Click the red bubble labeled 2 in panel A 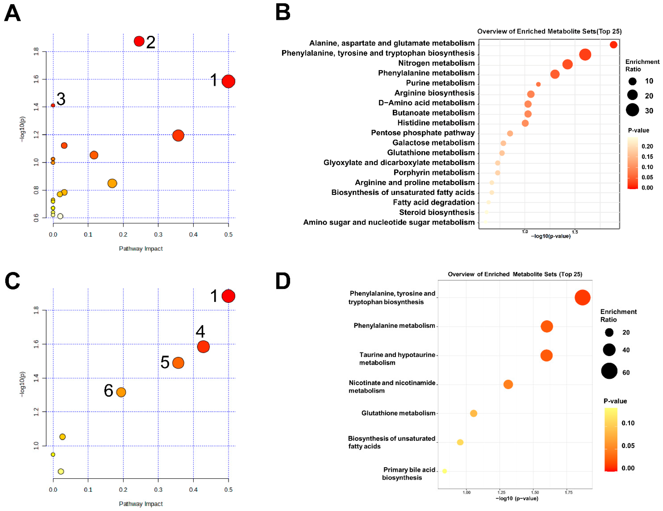[x=139, y=41]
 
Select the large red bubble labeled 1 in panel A [x=228, y=81]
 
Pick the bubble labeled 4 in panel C [x=203, y=347]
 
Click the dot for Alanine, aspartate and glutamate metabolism [x=613, y=45]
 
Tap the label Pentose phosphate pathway [x=423, y=133]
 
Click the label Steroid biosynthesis [x=437, y=212]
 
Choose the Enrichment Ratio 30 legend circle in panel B [x=632, y=110]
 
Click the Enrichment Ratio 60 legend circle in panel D [x=609, y=371]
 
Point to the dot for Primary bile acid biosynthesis [x=444, y=471]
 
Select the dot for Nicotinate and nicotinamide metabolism [x=508, y=384]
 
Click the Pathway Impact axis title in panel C [x=141, y=504]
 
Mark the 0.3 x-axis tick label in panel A [x=158, y=234]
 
